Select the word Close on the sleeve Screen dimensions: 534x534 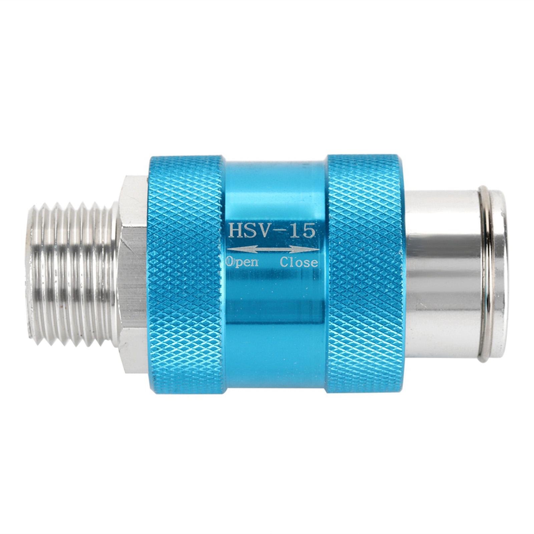(x=299, y=262)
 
